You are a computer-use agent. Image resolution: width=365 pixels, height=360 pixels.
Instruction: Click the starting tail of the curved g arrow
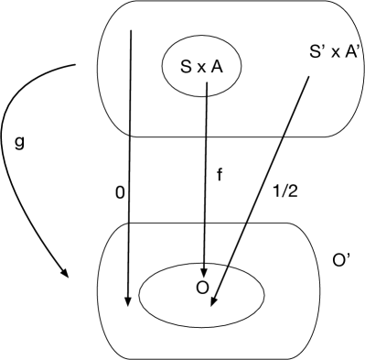point(74,66)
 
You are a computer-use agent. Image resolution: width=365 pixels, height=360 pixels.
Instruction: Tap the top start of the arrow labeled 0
point(133,29)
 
